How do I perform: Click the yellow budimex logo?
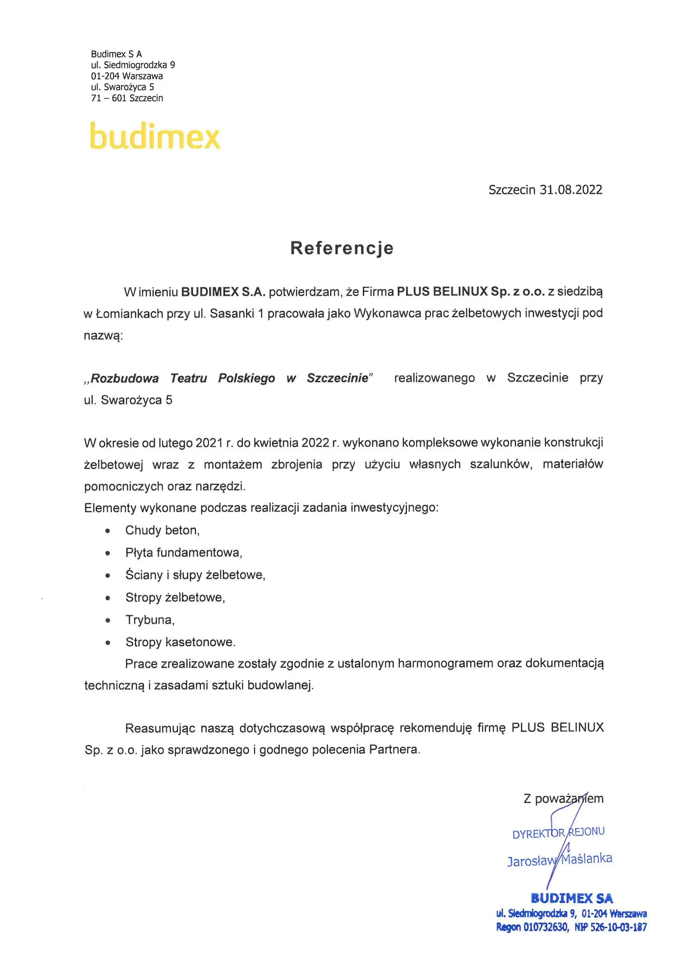(x=155, y=136)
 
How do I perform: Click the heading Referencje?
(x=342, y=248)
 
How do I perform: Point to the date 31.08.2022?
(x=571, y=190)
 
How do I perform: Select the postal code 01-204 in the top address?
(x=105, y=76)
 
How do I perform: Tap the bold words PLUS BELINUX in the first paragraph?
(x=442, y=292)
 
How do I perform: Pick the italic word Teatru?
(x=188, y=378)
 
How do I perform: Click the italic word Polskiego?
(x=247, y=378)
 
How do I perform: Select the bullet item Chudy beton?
(x=162, y=530)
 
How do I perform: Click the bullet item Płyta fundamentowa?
(x=183, y=553)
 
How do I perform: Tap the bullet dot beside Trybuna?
(x=108, y=620)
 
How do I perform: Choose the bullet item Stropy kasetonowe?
(x=180, y=642)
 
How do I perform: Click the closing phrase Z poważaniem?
(x=563, y=799)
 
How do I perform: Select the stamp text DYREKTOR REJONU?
(x=558, y=832)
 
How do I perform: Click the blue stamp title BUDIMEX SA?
(x=571, y=898)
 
